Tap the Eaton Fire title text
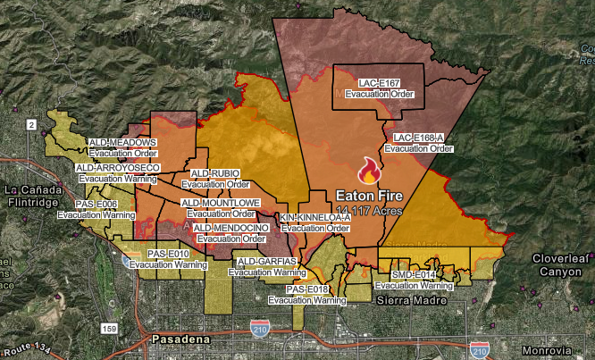tap(369, 195)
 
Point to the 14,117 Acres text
tap(369, 210)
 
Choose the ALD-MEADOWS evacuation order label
tap(122, 147)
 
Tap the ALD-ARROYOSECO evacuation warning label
tap(118, 173)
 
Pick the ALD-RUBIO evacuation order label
tap(214, 179)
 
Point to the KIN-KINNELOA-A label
tap(314, 223)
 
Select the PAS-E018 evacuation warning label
tap(307, 296)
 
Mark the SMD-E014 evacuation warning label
tap(414, 280)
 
